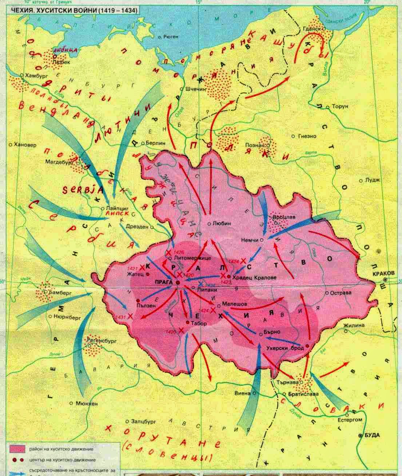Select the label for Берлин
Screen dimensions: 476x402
click(x=155, y=143)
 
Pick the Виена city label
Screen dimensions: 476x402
click(x=243, y=393)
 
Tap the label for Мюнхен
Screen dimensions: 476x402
click(x=85, y=403)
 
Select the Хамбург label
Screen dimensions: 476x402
click(x=36, y=75)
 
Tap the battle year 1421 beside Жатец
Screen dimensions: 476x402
click(x=132, y=268)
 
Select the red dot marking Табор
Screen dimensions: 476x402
click(x=187, y=322)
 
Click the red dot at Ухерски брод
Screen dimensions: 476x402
click(x=308, y=347)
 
